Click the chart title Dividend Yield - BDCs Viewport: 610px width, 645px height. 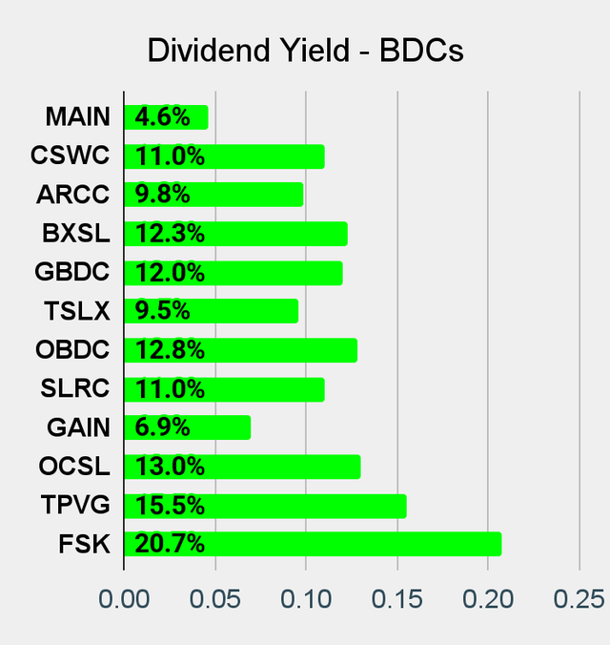[x=305, y=51]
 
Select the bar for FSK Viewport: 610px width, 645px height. [x=313, y=545]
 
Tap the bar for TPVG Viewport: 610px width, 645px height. [x=265, y=506]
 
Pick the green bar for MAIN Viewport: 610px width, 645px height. [x=166, y=117]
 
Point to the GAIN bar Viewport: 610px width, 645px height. [x=188, y=427]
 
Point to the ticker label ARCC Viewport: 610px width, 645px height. [x=73, y=195]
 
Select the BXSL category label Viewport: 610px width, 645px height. [x=75, y=234]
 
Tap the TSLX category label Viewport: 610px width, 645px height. [x=77, y=311]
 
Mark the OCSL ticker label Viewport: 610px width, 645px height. [x=74, y=467]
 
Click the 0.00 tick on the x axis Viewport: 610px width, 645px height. [x=124, y=599]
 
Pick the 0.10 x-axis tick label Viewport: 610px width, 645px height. [x=306, y=599]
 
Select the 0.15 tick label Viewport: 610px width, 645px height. [x=396, y=599]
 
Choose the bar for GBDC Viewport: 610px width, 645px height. [x=234, y=273]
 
